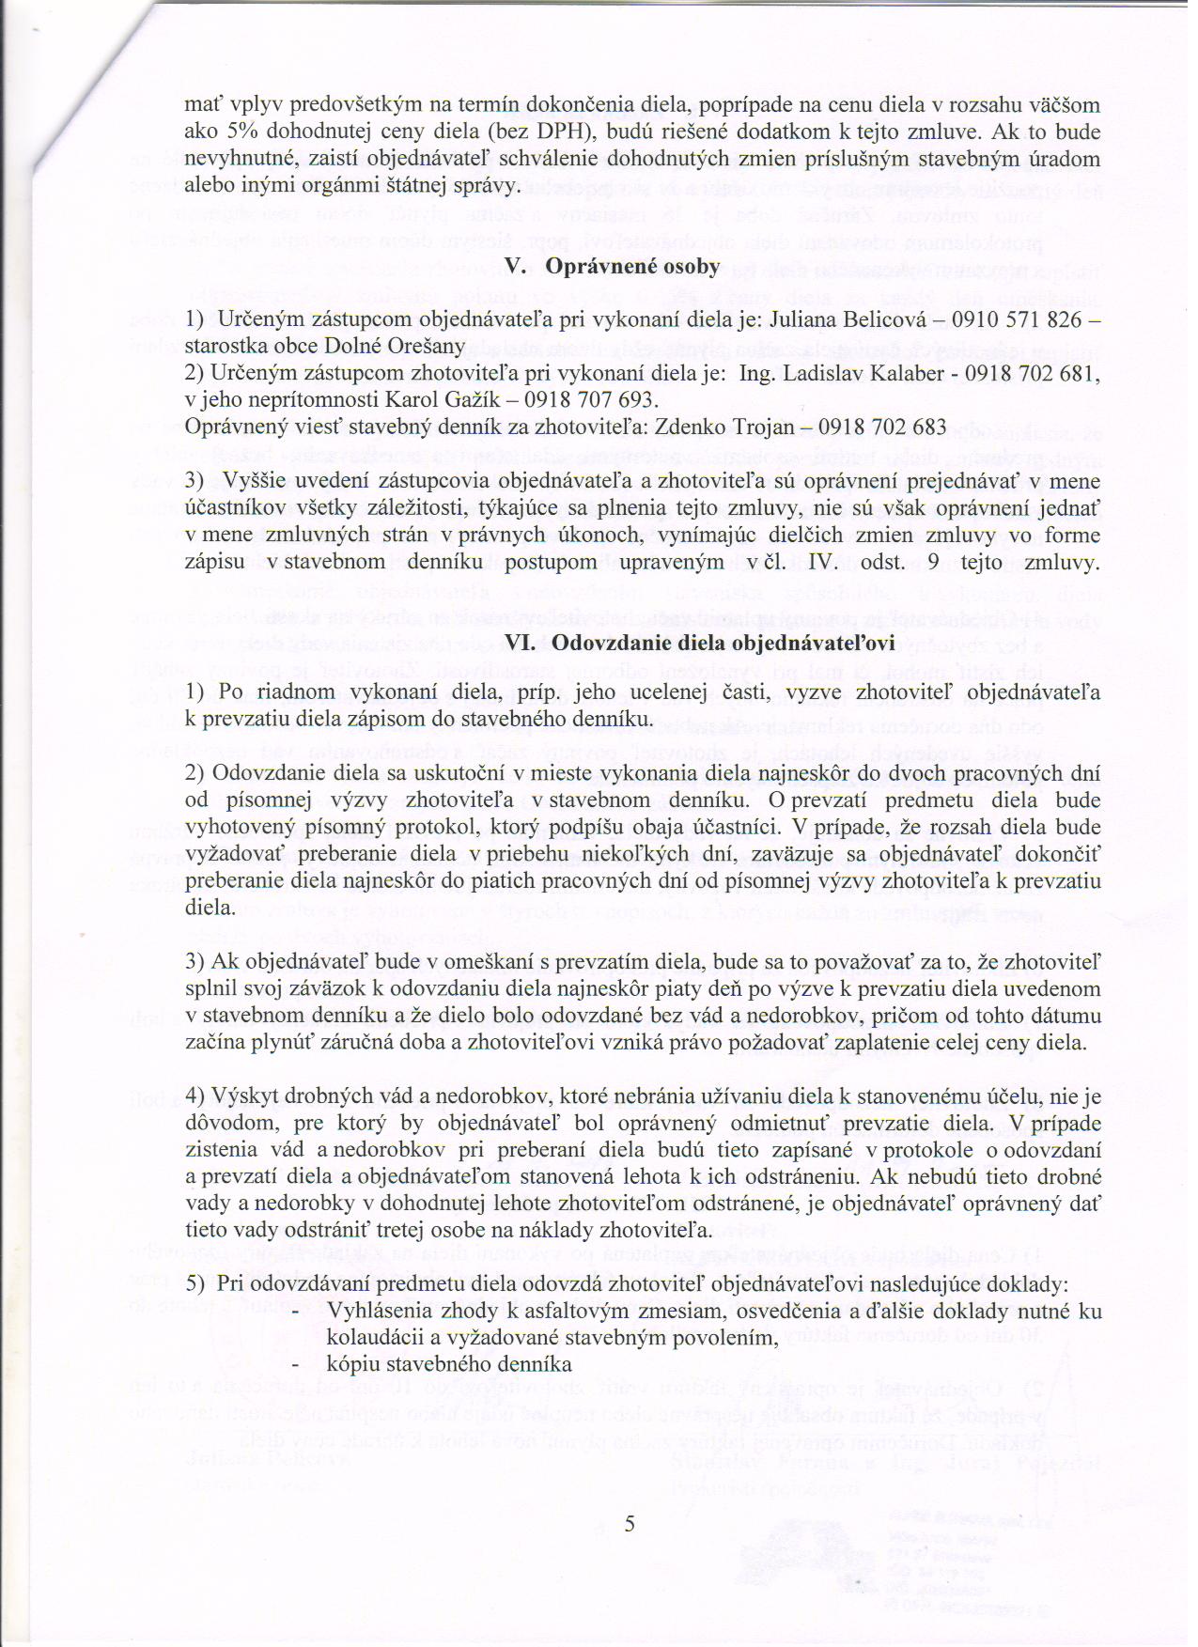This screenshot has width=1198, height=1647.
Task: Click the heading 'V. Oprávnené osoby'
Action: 612,267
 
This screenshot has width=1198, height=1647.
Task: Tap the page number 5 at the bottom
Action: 629,1523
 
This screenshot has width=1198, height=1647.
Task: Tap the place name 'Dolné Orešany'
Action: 411,347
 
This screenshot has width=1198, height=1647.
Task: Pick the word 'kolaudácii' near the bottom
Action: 368,1337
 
